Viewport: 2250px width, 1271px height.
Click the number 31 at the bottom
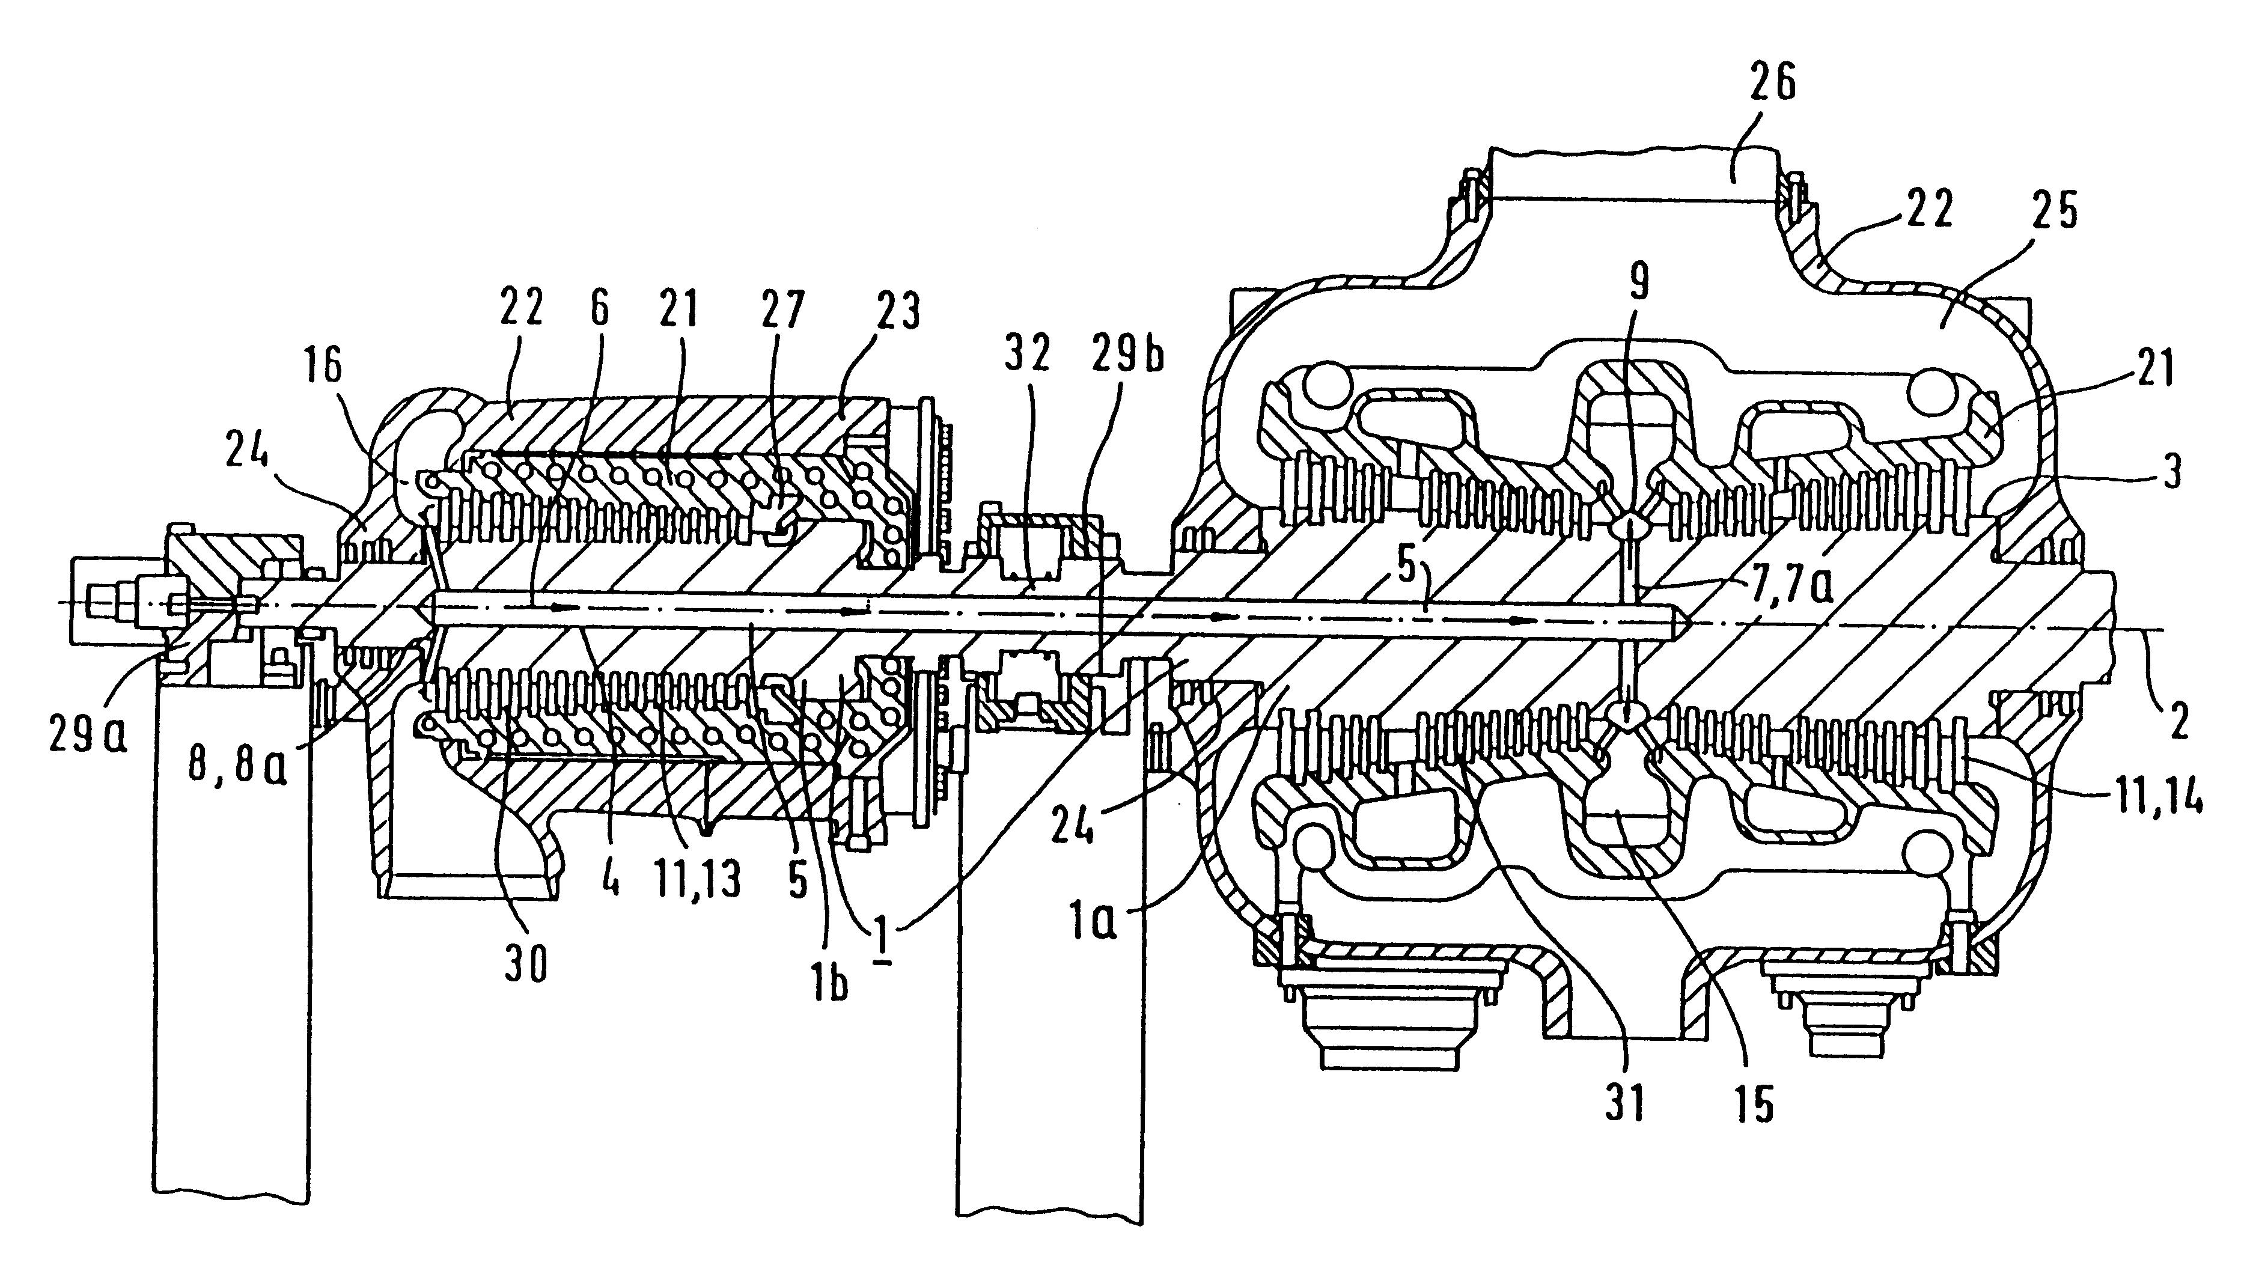click(1624, 1104)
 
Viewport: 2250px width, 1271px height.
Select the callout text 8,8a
click(237, 770)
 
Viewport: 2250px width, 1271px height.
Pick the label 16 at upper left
click(322, 367)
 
